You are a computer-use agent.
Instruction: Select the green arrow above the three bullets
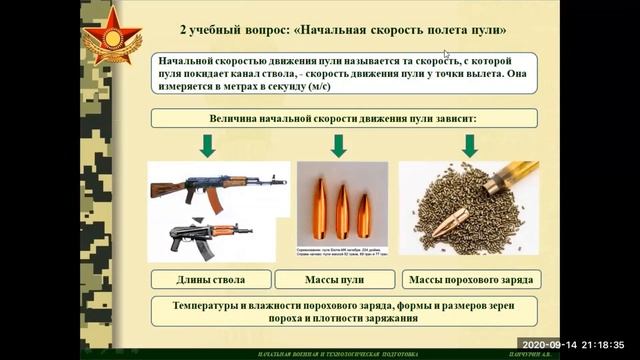pos(339,146)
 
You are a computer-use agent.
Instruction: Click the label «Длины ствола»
pos(209,278)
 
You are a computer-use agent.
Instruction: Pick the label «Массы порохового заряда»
pos(469,278)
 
